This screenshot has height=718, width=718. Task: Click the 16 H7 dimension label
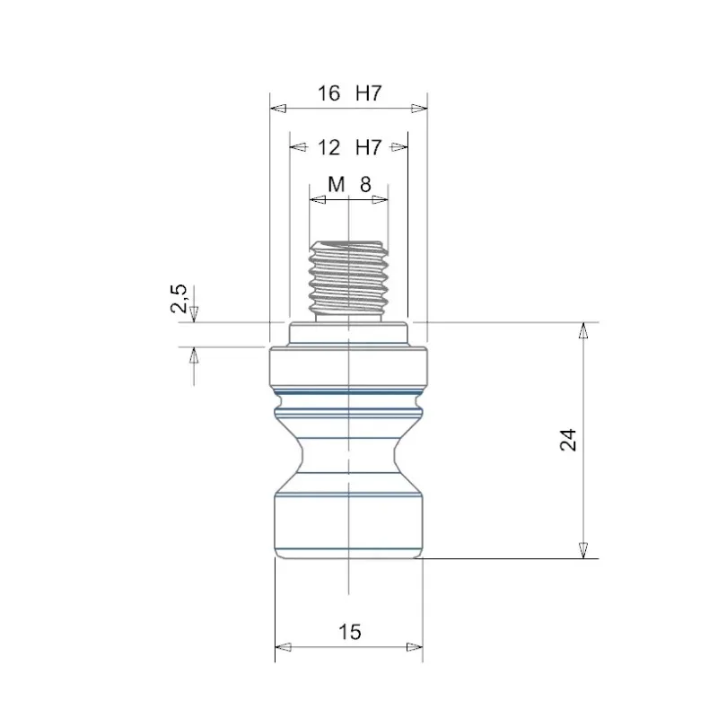coord(349,93)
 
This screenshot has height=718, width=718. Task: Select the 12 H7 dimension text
coord(349,147)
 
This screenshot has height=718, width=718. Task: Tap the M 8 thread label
coord(349,185)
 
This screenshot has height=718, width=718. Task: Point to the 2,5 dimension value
coord(179,299)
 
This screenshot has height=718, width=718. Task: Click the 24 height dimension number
coord(568,440)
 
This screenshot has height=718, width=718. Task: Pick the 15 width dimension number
coord(350,632)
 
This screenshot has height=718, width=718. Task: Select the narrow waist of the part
coord(348,455)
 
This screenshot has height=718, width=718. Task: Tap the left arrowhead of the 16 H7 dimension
coord(278,109)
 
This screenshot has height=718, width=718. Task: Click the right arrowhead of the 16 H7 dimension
coord(419,109)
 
